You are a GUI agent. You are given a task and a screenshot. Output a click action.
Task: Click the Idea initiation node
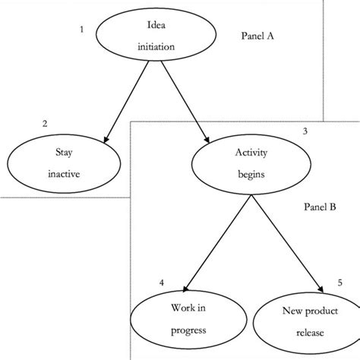click(156, 36)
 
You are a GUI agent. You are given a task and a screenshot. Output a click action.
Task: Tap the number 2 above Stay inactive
click(45, 123)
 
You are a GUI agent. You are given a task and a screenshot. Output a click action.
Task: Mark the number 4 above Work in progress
click(161, 283)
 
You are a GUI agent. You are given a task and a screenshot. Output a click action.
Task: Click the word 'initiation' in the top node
click(156, 46)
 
